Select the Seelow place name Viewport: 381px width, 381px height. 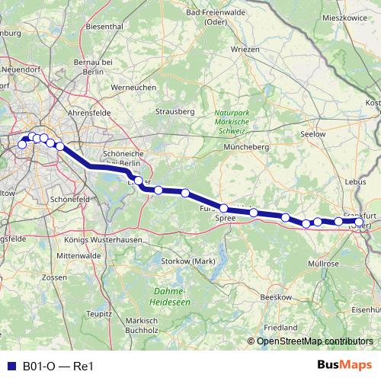313,133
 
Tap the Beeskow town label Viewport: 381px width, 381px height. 272,296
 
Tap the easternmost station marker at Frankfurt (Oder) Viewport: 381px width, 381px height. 360,223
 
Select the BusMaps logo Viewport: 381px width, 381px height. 351,366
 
